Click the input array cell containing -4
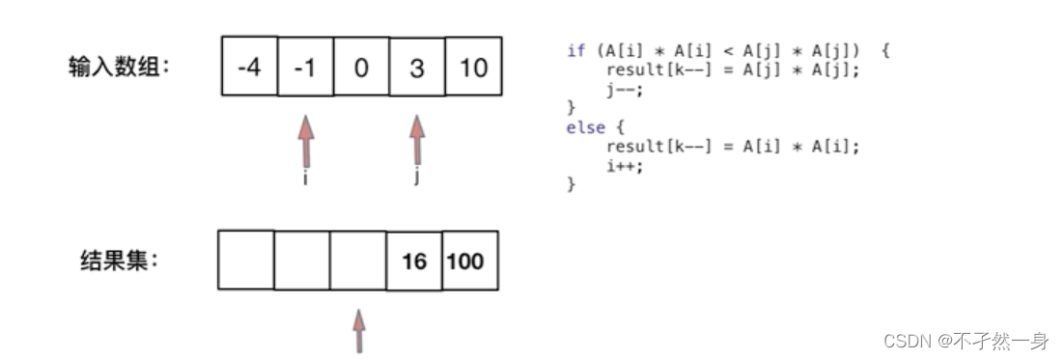tap(249, 69)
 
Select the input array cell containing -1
tap(305, 69)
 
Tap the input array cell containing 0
tap(361, 69)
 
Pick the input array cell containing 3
tap(416, 69)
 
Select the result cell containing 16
tap(414, 262)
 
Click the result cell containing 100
tap(469, 262)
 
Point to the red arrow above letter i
tap(305, 141)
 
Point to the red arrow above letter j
tap(417, 141)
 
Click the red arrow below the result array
tap(360, 330)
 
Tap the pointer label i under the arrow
tap(305, 180)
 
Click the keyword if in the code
tap(575, 51)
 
